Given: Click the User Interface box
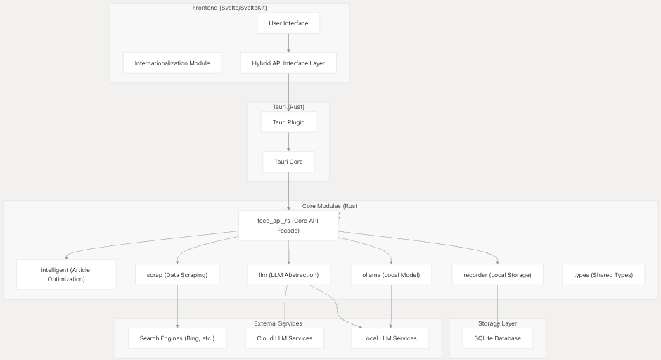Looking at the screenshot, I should pos(288,23).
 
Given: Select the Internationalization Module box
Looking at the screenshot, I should pos(172,63).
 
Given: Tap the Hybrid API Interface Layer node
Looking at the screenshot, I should pos(288,63).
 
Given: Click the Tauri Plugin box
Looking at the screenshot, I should pos(288,122).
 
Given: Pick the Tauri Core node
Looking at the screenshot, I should pos(288,162).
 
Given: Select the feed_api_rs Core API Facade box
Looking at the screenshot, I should pos(288,226).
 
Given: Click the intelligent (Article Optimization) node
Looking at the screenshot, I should pos(66,275).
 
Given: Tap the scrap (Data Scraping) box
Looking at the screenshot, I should pos(177,275).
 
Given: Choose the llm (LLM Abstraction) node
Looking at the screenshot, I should pos(288,275).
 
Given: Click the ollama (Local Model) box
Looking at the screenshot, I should pos(391,275).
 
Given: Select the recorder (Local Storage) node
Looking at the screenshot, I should pos(498,275).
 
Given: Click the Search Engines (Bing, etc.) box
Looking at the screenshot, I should pos(177,338).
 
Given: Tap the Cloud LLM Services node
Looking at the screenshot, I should pos(285,338).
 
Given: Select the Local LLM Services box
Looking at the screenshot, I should pos(390,338).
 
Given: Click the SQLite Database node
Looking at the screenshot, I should pos(498,338).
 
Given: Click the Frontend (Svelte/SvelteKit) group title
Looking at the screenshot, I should pos(230,8).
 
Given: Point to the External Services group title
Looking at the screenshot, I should pos(278,323).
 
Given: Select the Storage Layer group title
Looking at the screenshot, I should pos(498,323).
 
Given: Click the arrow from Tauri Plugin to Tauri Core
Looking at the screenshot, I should pos(288,142).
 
